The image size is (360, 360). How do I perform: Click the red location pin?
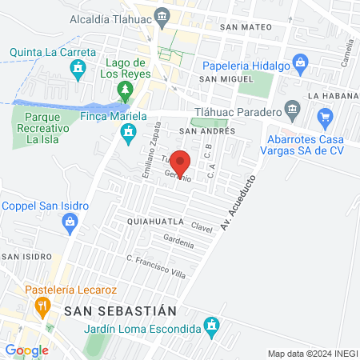(181, 163)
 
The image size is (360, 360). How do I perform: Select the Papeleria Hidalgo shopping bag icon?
(300, 61)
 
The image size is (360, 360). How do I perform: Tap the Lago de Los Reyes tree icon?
(124, 88)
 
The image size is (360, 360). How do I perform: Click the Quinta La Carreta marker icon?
(78, 70)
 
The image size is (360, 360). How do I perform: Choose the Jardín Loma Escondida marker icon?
(211, 326)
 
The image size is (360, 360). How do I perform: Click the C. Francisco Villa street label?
(156, 267)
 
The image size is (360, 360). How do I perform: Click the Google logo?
(27, 350)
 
